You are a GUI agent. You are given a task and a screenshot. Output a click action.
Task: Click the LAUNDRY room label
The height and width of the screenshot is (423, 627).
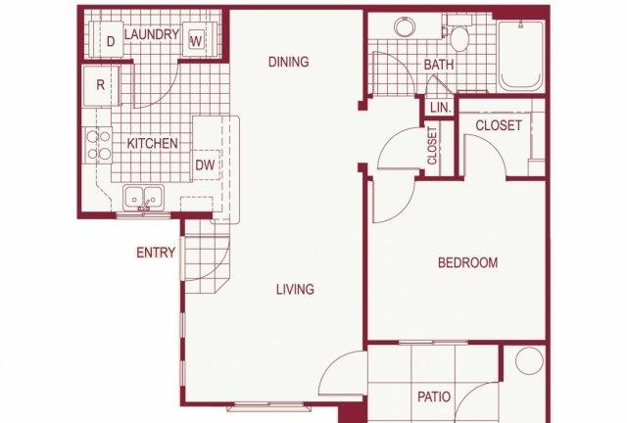tap(152, 34)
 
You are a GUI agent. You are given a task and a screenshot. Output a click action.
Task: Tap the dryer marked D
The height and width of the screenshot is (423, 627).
tap(111, 40)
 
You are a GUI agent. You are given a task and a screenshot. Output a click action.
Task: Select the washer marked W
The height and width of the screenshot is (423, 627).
tap(197, 39)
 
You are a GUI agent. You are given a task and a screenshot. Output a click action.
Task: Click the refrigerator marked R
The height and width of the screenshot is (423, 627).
tap(101, 86)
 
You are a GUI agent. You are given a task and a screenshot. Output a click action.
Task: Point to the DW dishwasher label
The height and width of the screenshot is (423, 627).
tap(205, 164)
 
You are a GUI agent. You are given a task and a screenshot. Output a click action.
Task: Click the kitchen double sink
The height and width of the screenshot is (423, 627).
tap(144, 197)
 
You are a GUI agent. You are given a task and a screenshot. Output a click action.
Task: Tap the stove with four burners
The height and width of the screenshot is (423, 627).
tap(98, 145)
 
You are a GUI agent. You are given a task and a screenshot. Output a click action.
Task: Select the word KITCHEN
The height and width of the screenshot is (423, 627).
tap(153, 144)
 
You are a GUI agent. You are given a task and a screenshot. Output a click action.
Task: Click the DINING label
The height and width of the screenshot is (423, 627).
tap(289, 62)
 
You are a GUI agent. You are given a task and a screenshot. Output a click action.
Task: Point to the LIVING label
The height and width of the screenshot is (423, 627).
tap(295, 289)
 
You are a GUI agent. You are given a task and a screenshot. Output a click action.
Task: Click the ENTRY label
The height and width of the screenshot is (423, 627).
tap(156, 253)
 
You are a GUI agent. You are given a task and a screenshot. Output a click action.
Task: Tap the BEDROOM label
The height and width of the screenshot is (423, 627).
tap(468, 262)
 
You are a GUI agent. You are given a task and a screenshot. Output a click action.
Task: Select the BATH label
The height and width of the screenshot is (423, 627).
tap(439, 65)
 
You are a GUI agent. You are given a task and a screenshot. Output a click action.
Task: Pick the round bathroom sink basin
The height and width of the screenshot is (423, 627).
tap(405, 26)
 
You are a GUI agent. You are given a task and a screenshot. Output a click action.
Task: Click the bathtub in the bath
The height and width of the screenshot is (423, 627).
tap(520, 56)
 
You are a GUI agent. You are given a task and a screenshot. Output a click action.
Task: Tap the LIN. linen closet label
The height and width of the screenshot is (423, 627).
tap(441, 108)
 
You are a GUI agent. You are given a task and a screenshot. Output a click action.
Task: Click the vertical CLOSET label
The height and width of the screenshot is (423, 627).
tap(432, 146)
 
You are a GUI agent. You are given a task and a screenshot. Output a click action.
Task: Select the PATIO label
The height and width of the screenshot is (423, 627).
tap(434, 397)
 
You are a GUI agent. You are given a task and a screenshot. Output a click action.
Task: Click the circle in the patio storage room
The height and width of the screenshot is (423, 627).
tap(529, 360)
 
